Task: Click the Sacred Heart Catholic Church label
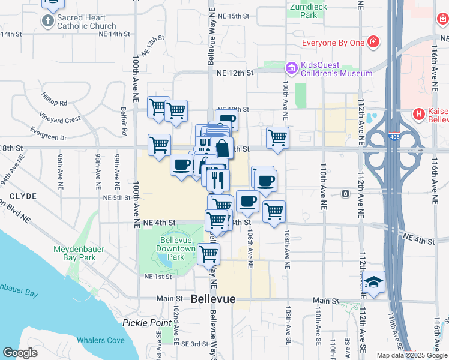(x=86, y=22)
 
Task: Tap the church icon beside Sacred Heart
(x=48, y=22)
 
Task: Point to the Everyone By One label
(x=333, y=43)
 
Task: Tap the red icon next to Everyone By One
(x=373, y=42)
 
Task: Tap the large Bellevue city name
(x=213, y=299)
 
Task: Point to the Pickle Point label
(x=147, y=322)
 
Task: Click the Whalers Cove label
(x=100, y=341)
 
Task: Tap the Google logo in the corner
(x=20, y=352)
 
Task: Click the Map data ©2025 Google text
(x=411, y=355)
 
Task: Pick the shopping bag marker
(x=221, y=148)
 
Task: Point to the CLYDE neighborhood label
(x=23, y=196)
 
